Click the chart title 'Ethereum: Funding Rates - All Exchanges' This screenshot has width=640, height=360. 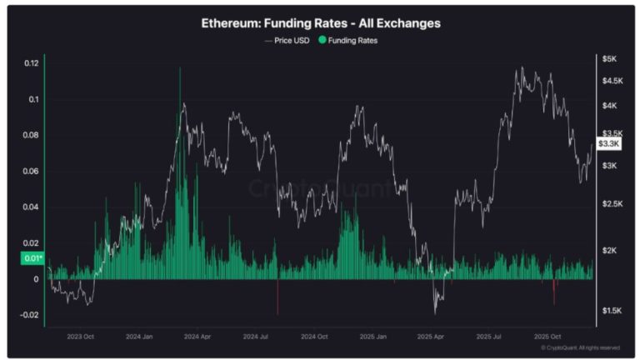point(321,23)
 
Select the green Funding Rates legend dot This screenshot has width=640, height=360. point(322,40)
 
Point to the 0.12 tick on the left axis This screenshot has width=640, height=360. point(32,63)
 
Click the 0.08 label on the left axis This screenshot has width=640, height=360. point(32,135)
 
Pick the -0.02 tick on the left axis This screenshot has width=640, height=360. point(30,315)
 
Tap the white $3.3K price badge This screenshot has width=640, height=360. point(610,144)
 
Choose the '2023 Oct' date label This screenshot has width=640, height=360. point(80,337)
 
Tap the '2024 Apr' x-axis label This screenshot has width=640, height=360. point(198,337)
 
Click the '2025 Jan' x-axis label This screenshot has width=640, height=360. point(372,337)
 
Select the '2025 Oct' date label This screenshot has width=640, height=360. point(547,337)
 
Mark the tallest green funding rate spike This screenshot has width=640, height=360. point(179,70)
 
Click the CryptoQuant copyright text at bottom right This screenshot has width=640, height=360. point(580,347)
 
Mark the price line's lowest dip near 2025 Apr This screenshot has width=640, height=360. point(435,312)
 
